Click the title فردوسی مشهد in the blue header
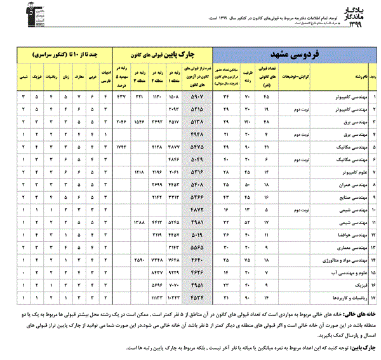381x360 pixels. click(296, 54)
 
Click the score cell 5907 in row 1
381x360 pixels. click(199, 97)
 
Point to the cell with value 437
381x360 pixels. click(120, 97)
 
